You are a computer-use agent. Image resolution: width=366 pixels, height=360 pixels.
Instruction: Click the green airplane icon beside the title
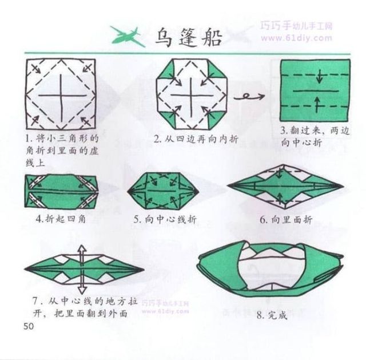click(x=127, y=37)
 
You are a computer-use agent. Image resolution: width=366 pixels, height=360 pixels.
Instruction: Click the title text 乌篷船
click(x=188, y=38)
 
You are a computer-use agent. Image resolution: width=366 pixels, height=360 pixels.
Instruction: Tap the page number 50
click(x=29, y=326)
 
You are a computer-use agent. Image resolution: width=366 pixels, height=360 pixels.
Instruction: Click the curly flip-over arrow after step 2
click(x=249, y=96)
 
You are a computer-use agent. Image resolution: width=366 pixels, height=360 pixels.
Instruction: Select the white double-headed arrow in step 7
click(x=81, y=270)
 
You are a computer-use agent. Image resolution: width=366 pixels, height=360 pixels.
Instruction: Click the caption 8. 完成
click(x=272, y=315)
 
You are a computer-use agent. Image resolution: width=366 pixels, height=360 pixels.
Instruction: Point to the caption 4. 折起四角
click(x=61, y=219)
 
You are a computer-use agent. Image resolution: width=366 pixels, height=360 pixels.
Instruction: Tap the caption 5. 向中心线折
click(x=165, y=219)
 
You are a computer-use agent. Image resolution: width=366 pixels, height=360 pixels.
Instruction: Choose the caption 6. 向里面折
click(x=286, y=220)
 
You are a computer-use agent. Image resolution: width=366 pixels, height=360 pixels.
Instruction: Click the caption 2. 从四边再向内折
click(x=196, y=139)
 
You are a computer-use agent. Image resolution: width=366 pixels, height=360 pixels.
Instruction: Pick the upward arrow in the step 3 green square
click(x=317, y=105)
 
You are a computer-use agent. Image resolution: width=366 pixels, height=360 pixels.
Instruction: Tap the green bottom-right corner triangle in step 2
click(x=217, y=120)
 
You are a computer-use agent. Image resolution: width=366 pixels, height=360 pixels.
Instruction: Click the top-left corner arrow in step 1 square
click(x=35, y=69)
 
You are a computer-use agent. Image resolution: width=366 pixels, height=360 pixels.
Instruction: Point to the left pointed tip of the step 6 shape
click(x=228, y=186)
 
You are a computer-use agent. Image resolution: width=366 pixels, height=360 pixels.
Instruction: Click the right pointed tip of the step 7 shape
click(x=144, y=270)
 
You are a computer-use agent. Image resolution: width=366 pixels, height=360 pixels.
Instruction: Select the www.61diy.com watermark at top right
click(x=296, y=38)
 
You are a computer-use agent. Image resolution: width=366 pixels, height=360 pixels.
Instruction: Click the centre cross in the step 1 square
click(x=62, y=96)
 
